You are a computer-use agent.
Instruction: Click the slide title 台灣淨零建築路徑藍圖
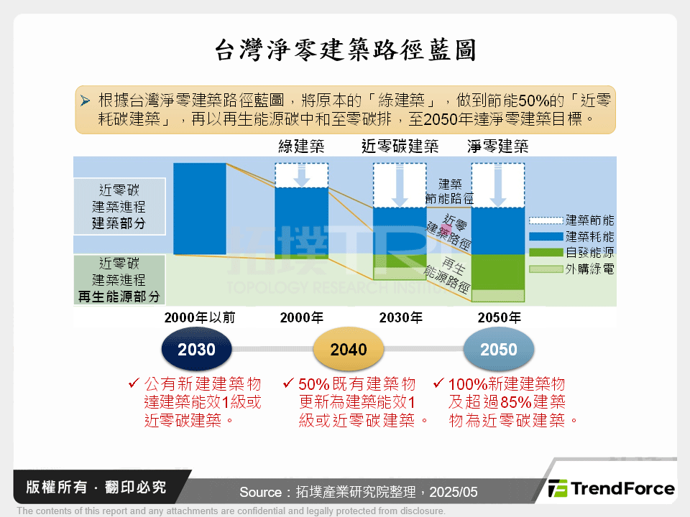[345, 51]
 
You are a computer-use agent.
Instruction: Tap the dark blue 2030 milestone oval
[196, 350]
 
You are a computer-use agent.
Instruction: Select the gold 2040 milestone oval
[349, 350]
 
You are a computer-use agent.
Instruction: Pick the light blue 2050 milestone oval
[499, 350]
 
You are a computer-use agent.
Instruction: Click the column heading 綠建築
[301, 147]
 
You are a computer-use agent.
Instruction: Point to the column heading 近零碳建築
[400, 147]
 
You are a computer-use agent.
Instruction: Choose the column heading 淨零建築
[498, 147]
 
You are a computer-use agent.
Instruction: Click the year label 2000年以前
[199, 317]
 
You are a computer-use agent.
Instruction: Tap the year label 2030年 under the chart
[401, 317]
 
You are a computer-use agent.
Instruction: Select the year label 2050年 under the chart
[500, 317]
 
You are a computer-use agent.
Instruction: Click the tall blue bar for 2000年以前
[200, 208]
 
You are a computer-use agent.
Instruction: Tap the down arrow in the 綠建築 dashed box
[302, 176]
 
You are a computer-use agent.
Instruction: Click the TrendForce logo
[612, 489]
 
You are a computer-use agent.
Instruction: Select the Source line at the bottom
[358, 492]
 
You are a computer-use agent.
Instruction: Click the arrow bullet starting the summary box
[86, 100]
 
